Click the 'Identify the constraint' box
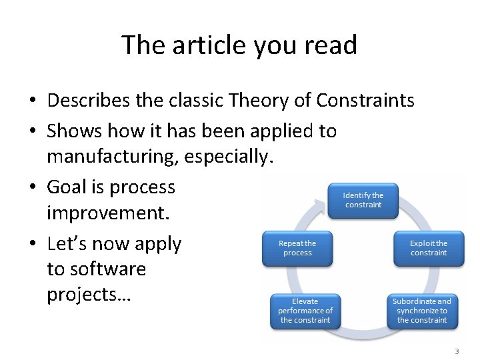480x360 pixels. [x=363, y=200]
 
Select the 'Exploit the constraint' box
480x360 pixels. [x=428, y=248]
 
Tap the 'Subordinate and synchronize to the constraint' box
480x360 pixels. [x=421, y=311]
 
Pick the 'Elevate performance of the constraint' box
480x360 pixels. [x=305, y=311]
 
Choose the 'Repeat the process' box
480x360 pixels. [x=297, y=248]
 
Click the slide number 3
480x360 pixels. [x=457, y=351]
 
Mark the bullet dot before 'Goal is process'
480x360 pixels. [x=33, y=188]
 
